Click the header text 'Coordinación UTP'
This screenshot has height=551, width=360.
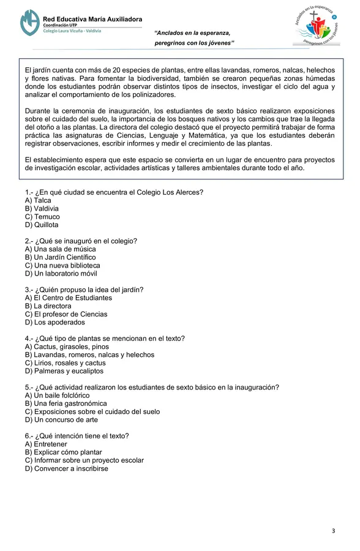point(64,24)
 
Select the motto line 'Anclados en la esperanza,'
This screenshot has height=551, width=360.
point(192,32)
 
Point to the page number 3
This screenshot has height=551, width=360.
point(334,530)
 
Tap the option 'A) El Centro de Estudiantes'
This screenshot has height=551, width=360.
point(69,298)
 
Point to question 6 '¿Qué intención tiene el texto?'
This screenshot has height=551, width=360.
point(77,436)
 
